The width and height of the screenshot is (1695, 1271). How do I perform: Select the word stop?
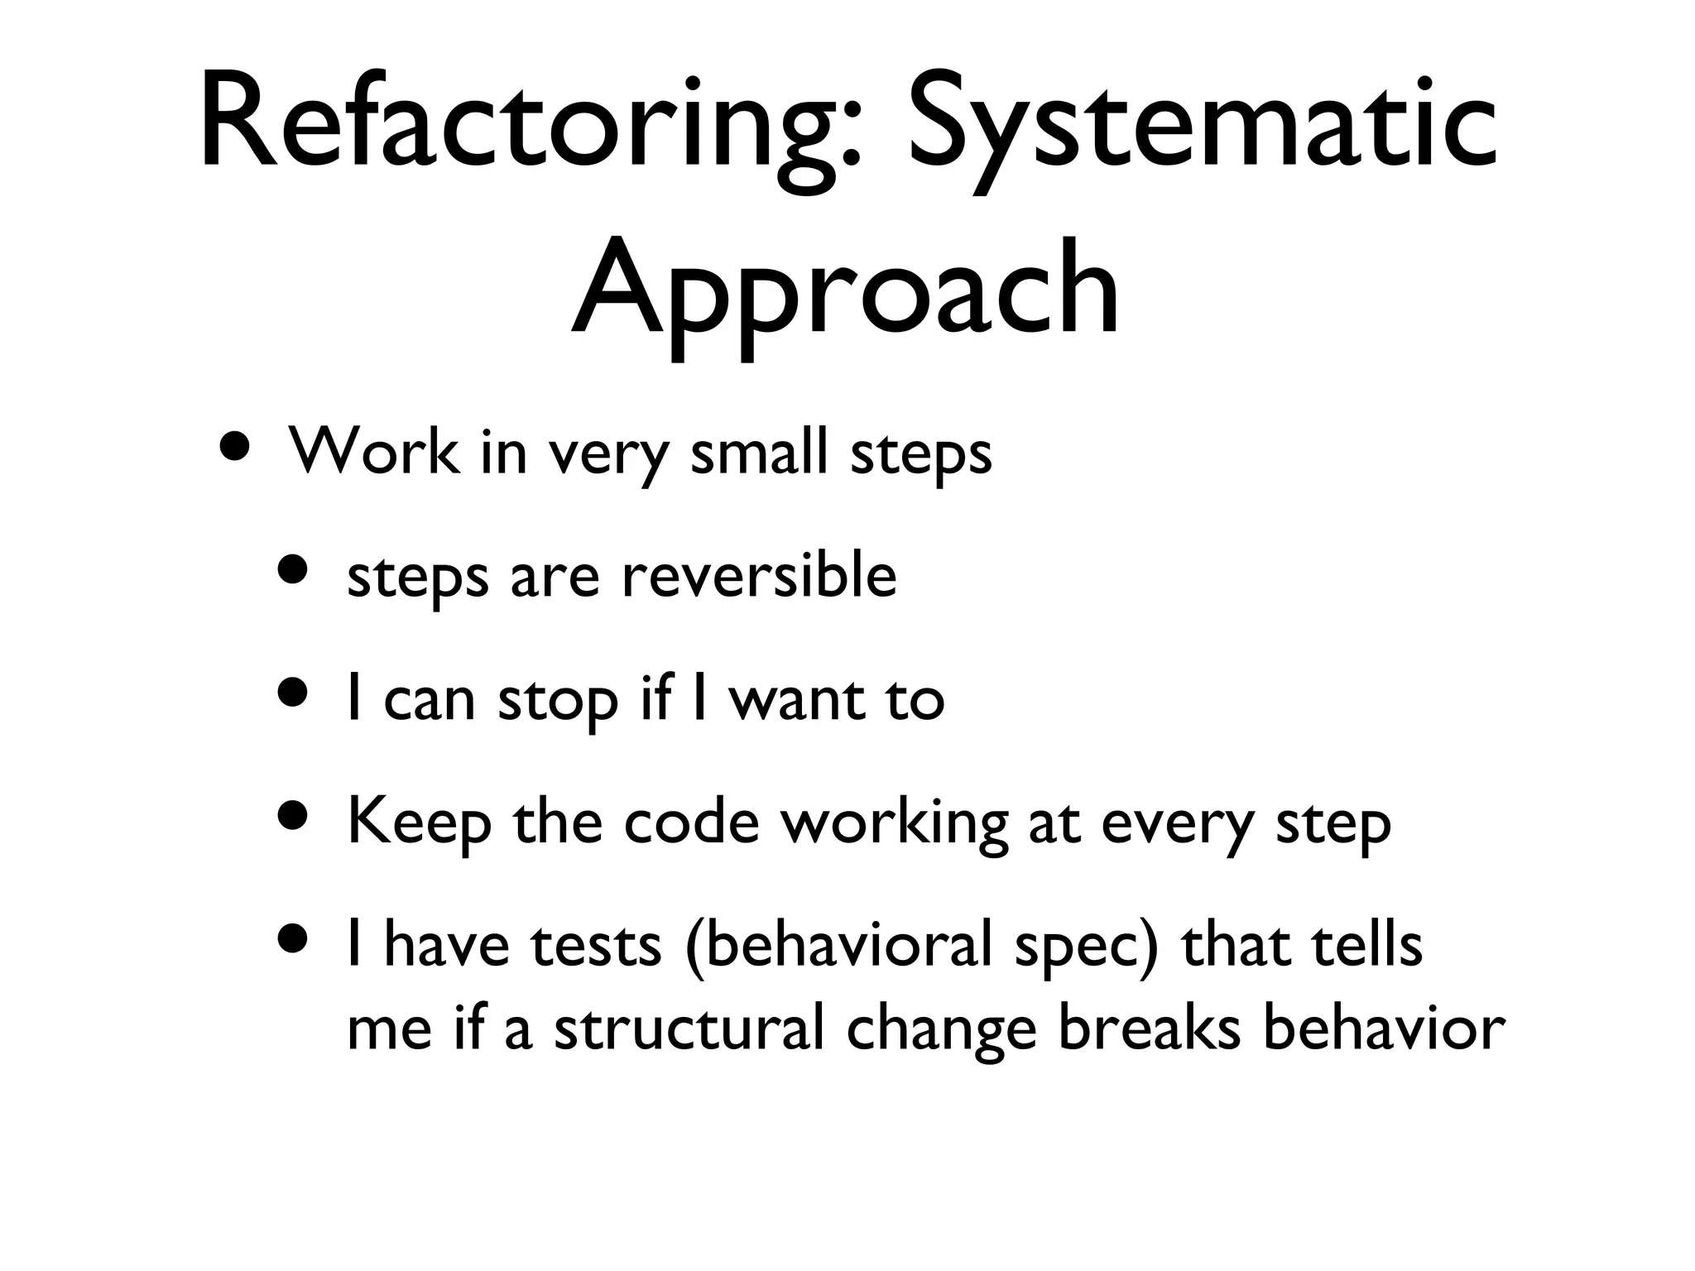[x=558, y=699]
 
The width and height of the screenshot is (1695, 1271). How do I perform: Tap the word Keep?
[x=419, y=823]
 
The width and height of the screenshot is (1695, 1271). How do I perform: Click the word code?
[x=691, y=823]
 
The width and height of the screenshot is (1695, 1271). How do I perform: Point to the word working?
[x=896, y=823]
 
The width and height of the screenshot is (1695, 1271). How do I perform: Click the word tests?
[x=596, y=945]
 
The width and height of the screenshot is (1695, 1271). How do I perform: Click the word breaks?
[x=1150, y=1029]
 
